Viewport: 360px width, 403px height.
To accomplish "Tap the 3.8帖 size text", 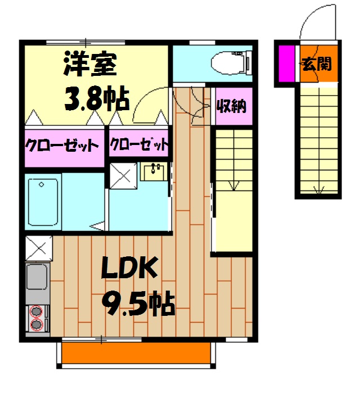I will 95,98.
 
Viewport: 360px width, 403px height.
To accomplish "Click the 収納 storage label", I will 231,106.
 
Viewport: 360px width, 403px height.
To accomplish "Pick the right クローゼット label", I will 139,146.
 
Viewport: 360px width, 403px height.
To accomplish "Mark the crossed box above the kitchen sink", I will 38,247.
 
